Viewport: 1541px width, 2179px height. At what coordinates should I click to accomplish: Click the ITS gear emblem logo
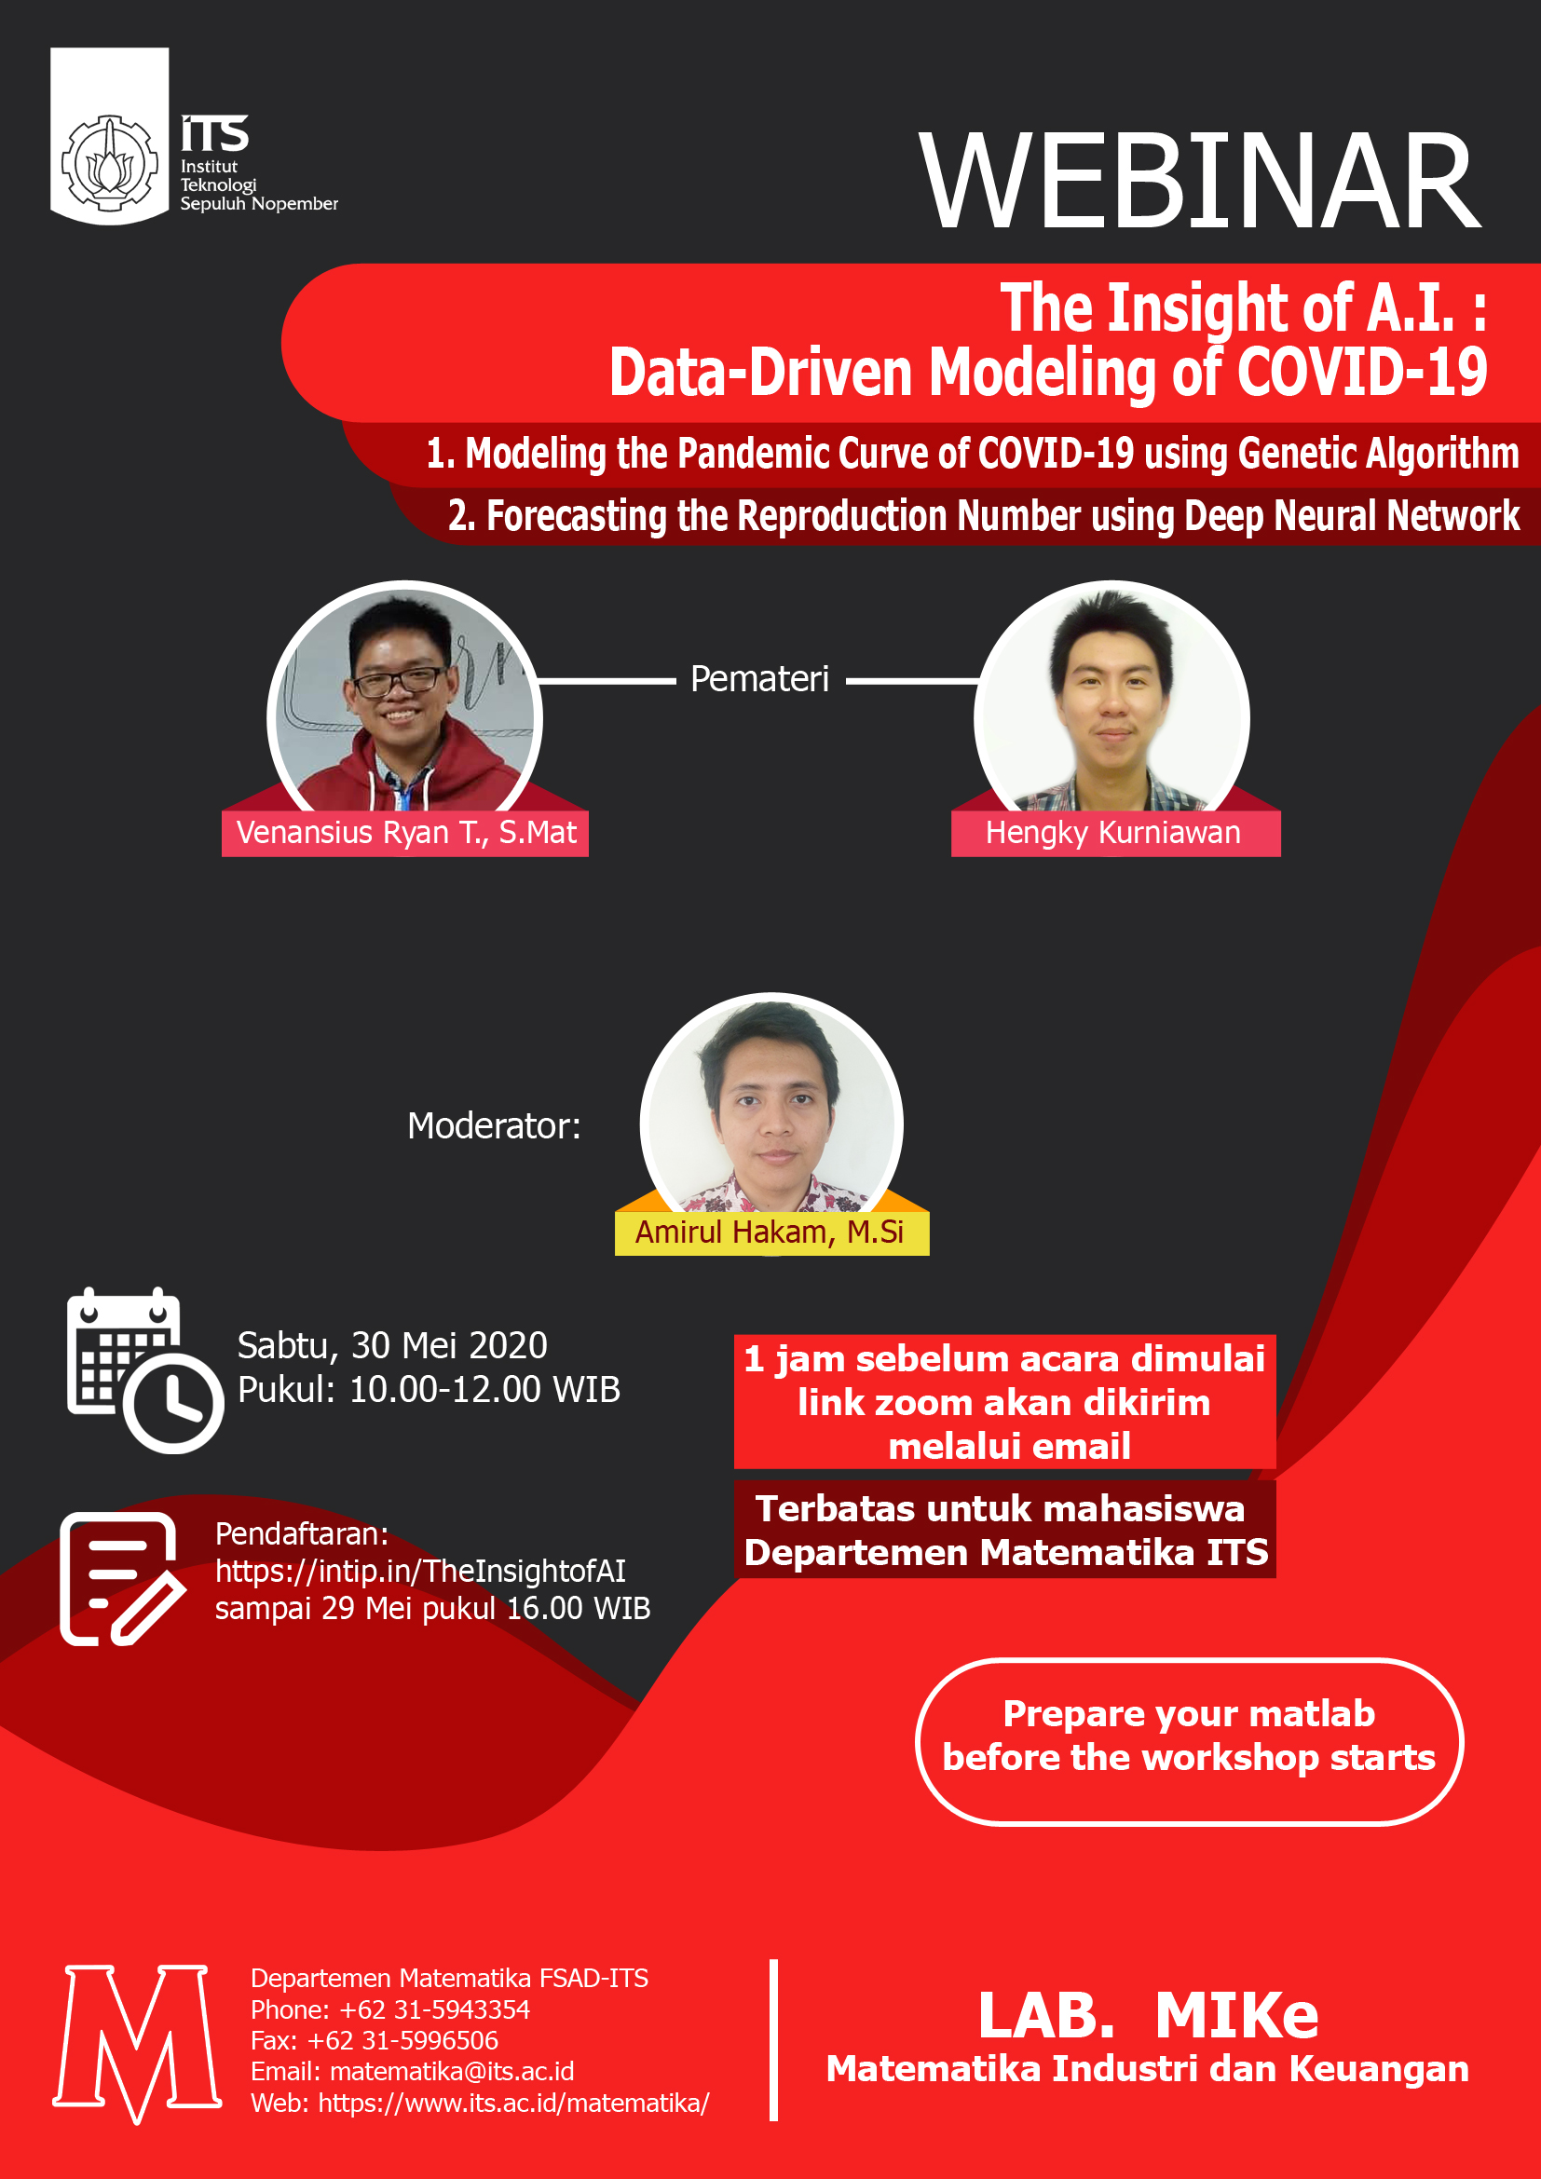pos(109,162)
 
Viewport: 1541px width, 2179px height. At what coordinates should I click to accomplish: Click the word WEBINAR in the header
pos(1199,182)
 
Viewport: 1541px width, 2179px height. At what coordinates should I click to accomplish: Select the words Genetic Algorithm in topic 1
pos(1378,454)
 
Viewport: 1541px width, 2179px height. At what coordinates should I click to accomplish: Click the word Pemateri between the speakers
pos(759,678)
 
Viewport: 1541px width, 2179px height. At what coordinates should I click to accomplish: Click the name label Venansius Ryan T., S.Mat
pos(405,833)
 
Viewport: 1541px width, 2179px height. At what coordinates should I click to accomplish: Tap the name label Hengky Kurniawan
pos(1115,833)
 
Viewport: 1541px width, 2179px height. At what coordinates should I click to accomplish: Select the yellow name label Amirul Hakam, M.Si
pos(771,1232)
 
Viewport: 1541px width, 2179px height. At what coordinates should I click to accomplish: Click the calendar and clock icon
pos(145,1369)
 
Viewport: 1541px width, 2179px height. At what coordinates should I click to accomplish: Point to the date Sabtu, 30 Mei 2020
pos(392,1346)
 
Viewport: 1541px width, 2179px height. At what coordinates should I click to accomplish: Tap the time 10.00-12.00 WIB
pos(484,1389)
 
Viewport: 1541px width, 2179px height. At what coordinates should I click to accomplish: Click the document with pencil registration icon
pos(121,1579)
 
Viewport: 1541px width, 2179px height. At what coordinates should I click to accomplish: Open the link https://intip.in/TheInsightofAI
pos(420,1572)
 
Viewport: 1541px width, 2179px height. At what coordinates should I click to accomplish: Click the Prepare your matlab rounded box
pos(1188,1740)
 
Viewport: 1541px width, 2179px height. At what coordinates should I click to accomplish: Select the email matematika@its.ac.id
pos(452,2071)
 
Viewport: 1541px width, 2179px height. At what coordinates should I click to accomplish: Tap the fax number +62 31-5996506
pos(402,2039)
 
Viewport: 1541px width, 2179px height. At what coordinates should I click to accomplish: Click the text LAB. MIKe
pos(1148,2016)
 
